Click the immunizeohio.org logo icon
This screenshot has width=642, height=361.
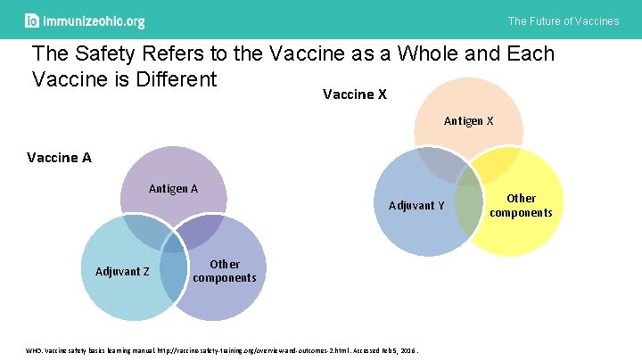pyautogui.click(x=32, y=21)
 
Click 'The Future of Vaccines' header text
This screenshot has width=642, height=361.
pyautogui.click(x=563, y=21)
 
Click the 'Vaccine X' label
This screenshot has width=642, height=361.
pyautogui.click(x=354, y=94)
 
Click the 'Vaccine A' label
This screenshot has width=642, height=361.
pyautogui.click(x=60, y=158)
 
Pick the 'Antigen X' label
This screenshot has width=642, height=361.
pyautogui.click(x=469, y=120)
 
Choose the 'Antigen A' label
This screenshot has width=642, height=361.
pyautogui.click(x=173, y=188)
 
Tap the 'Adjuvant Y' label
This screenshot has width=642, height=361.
pyautogui.click(x=416, y=206)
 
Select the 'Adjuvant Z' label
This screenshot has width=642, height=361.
pyautogui.click(x=122, y=271)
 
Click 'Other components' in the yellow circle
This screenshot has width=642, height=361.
pyautogui.click(x=521, y=205)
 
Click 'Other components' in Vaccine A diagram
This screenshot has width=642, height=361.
pyautogui.click(x=224, y=271)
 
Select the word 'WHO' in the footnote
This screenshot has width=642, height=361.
pyautogui.click(x=34, y=350)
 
